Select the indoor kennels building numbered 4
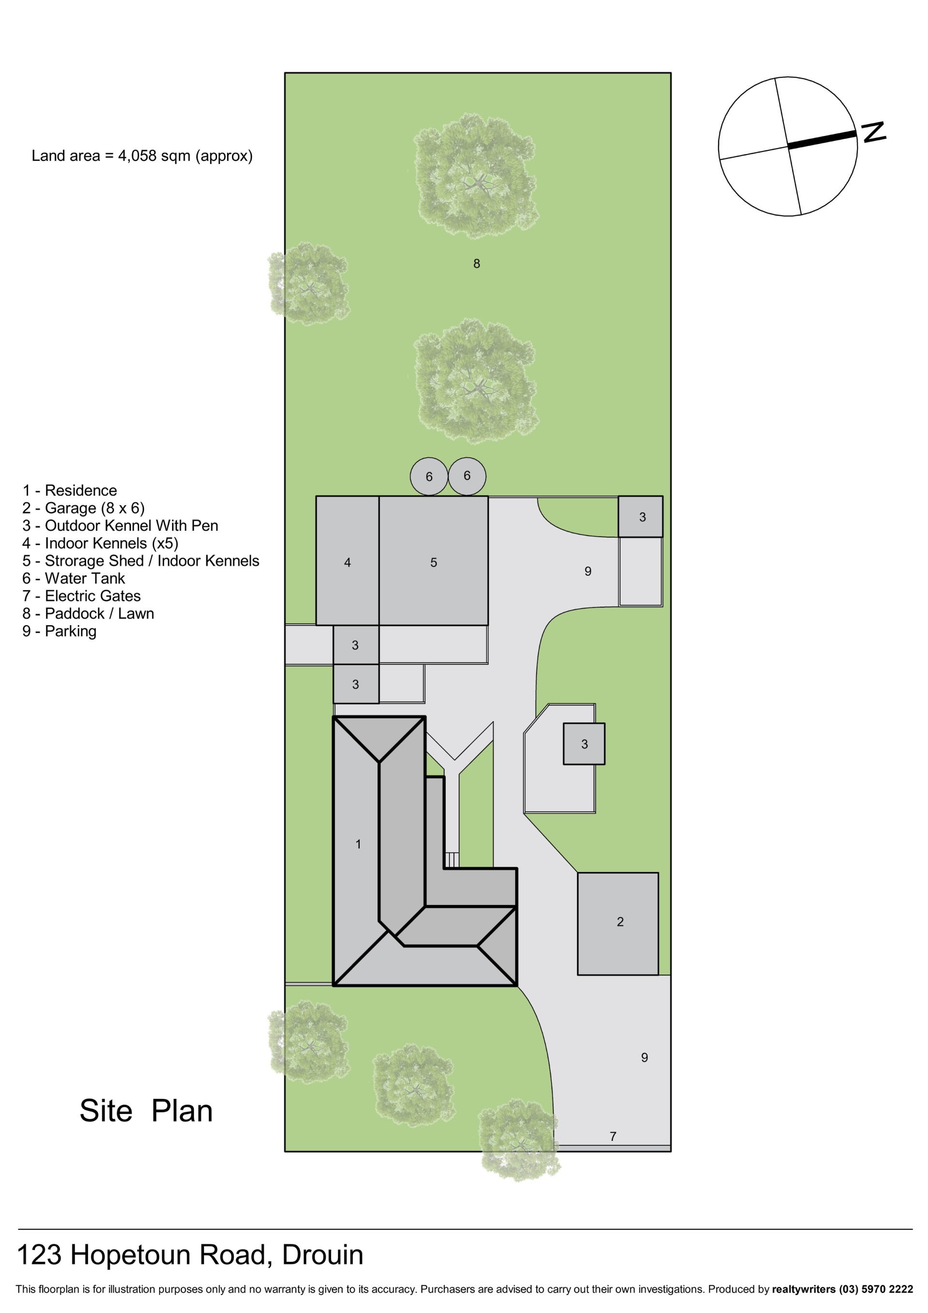(x=347, y=560)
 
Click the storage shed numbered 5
(x=434, y=560)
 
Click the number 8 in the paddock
(x=476, y=263)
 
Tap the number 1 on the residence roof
(x=358, y=844)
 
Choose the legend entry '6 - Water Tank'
(x=74, y=578)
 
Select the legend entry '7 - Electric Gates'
(x=82, y=596)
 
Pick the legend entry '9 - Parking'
(x=59, y=631)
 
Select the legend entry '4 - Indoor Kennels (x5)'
(x=101, y=543)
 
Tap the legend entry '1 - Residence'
(x=70, y=491)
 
